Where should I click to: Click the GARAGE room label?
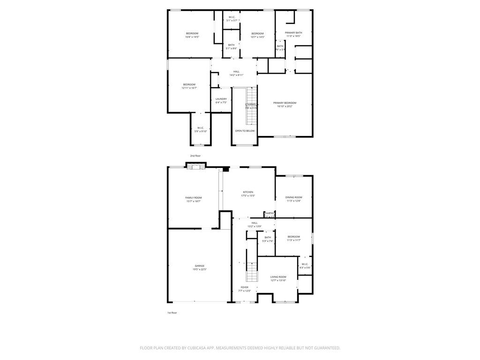200,266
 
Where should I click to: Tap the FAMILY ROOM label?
193,198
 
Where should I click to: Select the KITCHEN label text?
248,192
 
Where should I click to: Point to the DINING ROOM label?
294,197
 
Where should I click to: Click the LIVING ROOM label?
278,277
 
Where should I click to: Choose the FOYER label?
245,287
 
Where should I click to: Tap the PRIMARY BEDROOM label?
285,103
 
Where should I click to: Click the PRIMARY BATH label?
293,32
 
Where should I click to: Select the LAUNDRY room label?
221,99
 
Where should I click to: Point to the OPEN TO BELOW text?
245,131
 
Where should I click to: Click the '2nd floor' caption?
195,156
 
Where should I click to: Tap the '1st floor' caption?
172,313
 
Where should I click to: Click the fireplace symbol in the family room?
196,166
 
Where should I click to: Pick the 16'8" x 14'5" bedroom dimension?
192,37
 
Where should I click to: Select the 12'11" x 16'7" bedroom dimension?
189,88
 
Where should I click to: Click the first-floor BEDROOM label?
294,237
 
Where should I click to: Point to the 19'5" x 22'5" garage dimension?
200,270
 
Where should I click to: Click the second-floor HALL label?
236,72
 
